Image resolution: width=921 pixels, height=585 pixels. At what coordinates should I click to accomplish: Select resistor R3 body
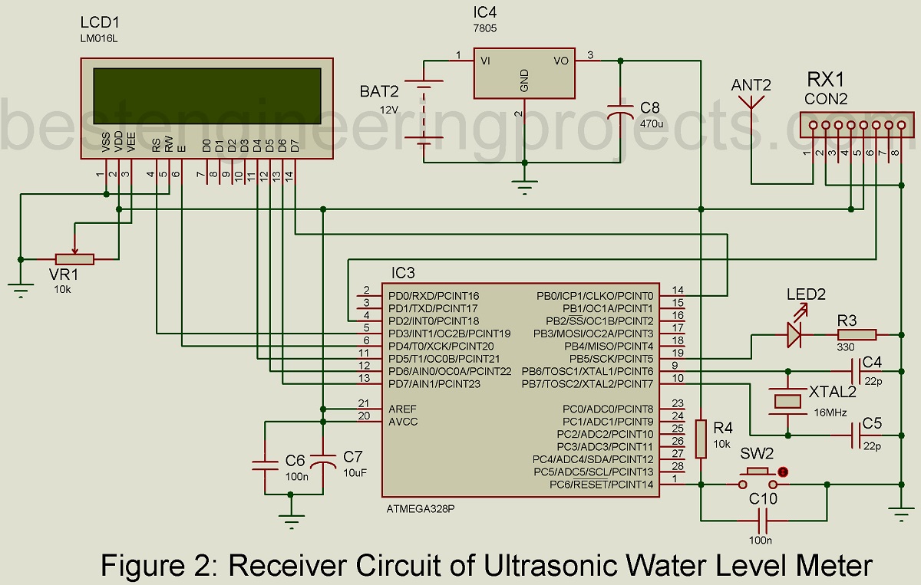[857, 334]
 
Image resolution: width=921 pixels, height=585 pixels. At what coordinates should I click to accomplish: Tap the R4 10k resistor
[700, 439]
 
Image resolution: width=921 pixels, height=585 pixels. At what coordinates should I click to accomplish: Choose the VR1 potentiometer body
[74, 259]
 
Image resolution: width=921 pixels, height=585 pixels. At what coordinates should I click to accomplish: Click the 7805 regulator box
[524, 74]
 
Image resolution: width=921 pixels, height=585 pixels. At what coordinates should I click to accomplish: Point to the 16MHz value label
[829, 412]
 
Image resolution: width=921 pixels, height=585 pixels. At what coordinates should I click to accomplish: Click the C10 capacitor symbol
[762, 521]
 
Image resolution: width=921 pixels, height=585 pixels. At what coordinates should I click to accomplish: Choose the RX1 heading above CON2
[825, 79]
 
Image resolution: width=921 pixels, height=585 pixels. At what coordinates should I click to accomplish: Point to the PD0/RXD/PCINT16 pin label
[434, 295]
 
